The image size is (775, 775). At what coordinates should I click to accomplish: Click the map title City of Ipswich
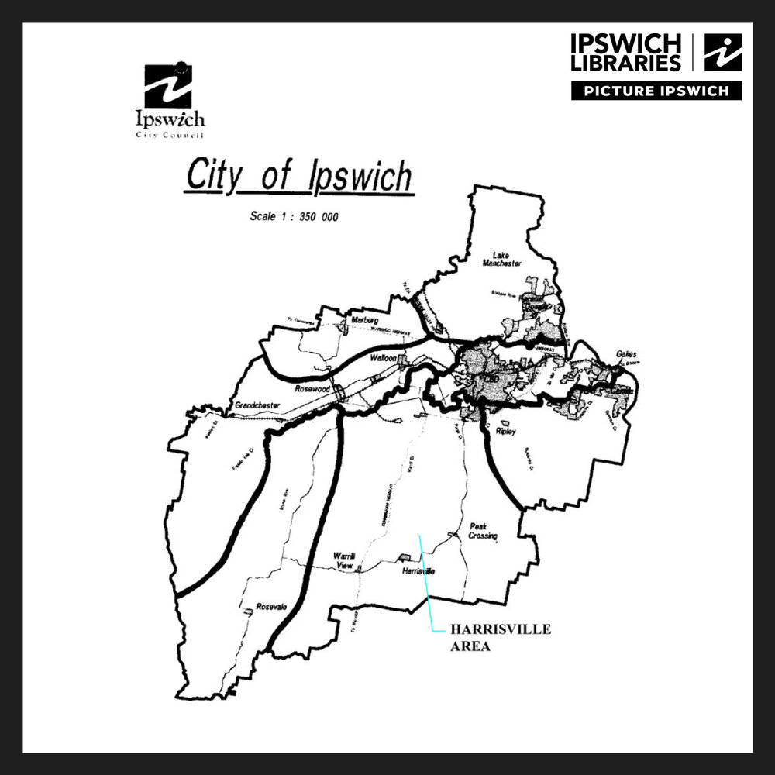(299, 177)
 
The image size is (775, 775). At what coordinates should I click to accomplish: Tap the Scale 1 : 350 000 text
(294, 216)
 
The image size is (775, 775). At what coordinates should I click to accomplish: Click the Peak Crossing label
(482, 531)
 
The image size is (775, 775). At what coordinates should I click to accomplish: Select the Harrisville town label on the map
(418, 571)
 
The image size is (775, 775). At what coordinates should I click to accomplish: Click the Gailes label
(626, 354)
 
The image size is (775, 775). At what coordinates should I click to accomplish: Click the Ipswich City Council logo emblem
(168, 87)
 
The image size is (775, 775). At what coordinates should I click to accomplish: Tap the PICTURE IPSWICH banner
(656, 91)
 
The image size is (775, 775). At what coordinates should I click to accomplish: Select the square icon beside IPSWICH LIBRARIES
(722, 52)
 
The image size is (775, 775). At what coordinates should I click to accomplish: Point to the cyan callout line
(425, 581)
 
